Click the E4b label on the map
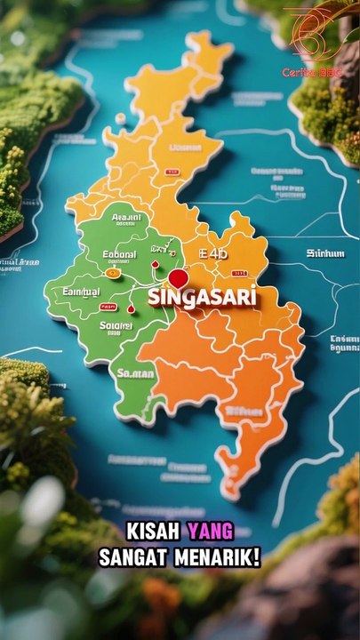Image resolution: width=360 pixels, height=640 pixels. (x=213, y=255)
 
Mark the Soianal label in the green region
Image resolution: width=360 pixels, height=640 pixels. (x=116, y=326)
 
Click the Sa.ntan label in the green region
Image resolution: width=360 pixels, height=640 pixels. (x=135, y=374)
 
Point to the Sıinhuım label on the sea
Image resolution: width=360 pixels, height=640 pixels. (x=325, y=254)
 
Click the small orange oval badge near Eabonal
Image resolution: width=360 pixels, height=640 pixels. (x=113, y=273)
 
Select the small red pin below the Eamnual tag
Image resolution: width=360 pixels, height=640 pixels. (x=131, y=308)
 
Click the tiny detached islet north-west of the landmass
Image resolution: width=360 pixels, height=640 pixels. (x=120, y=117)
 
